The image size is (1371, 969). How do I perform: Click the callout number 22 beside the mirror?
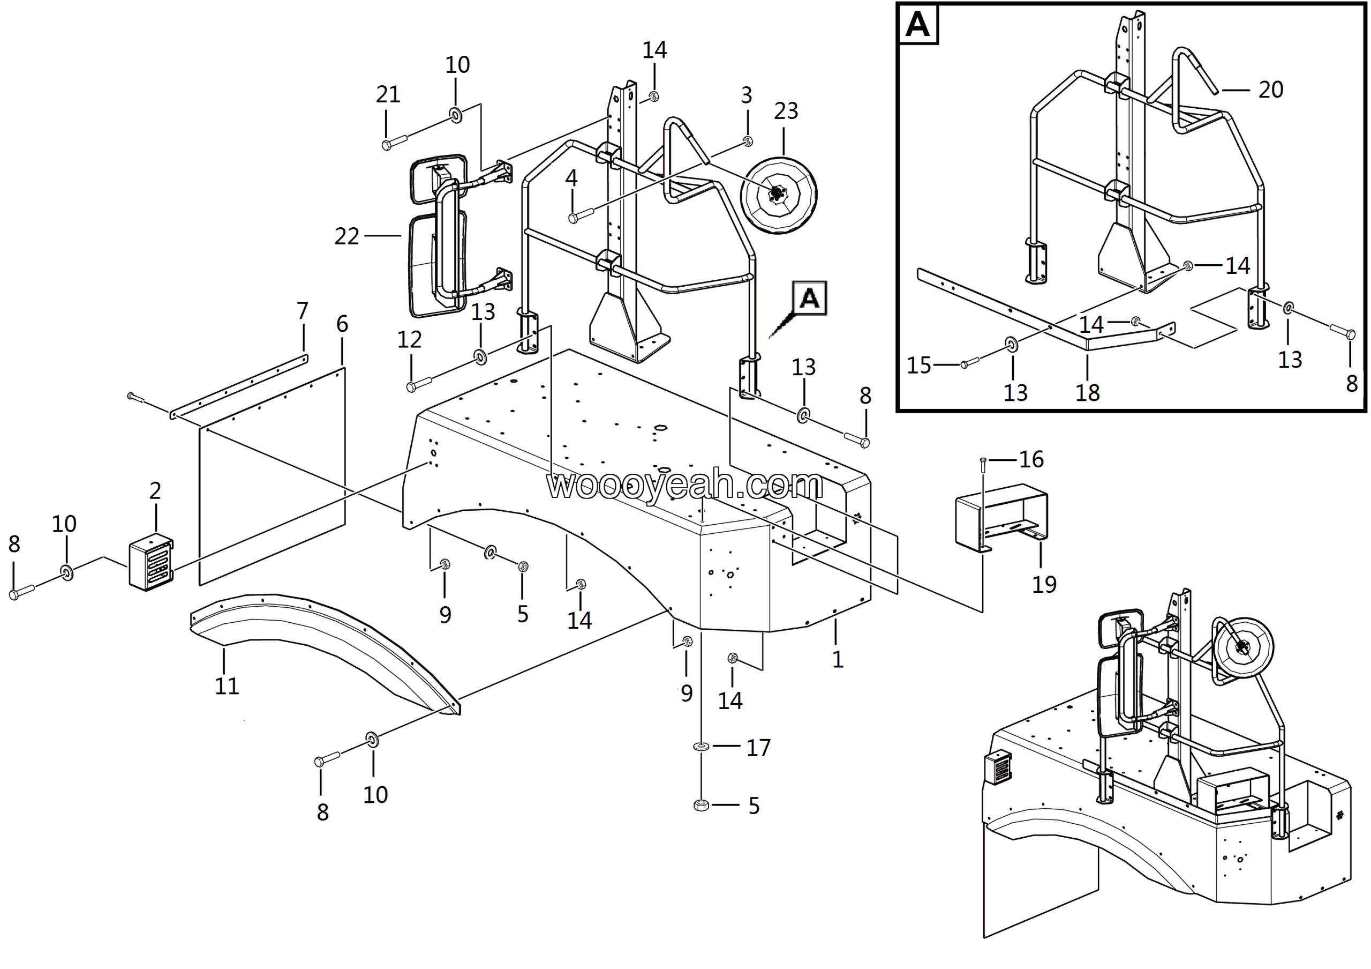pyautogui.click(x=346, y=236)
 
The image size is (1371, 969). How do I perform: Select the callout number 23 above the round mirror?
pyautogui.click(x=786, y=110)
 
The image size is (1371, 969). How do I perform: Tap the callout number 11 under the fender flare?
pyautogui.click(x=227, y=686)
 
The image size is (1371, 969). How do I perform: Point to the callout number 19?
pyautogui.click(x=1044, y=584)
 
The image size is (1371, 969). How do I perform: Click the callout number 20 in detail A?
pyautogui.click(x=1271, y=90)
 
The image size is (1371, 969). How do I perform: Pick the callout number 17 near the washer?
pyautogui.click(x=758, y=748)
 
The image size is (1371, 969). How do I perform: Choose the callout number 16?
pyautogui.click(x=1031, y=459)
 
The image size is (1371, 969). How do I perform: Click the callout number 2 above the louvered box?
pyautogui.click(x=155, y=491)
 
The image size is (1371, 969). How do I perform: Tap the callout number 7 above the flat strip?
pyautogui.click(x=302, y=311)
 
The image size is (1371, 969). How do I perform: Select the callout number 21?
pyautogui.click(x=388, y=94)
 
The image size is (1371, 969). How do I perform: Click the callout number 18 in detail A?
pyautogui.click(x=1087, y=393)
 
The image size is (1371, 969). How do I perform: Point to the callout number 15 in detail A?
pyautogui.click(x=919, y=365)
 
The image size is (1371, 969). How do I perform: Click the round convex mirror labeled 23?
pyautogui.click(x=779, y=195)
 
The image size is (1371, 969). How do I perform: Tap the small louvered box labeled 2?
pyautogui.click(x=151, y=564)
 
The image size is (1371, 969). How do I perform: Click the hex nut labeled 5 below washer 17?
pyautogui.click(x=702, y=806)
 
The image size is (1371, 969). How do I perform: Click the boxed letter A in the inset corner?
pyautogui.click(x=918, y=25)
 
